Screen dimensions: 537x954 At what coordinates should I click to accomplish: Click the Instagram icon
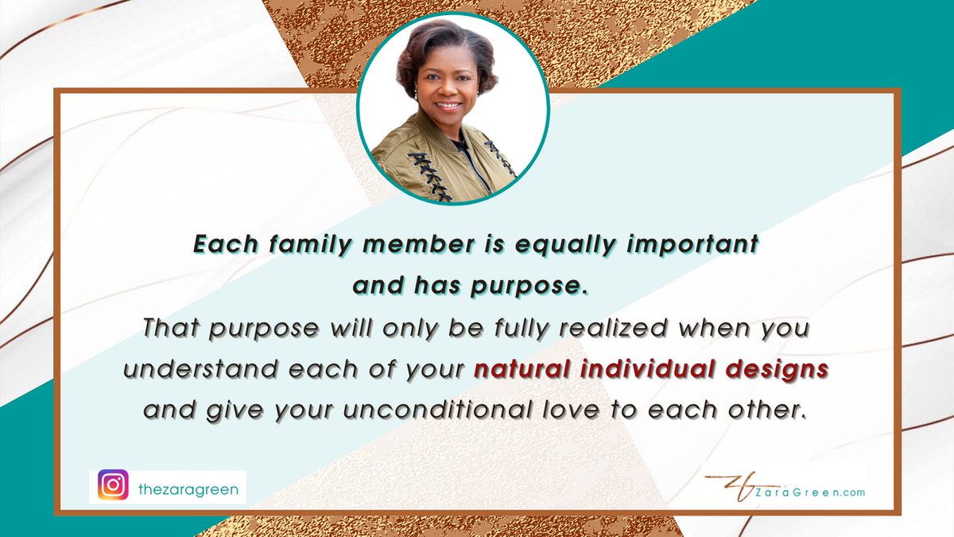coord(113,484)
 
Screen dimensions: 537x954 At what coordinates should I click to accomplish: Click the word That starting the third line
coord(170,328)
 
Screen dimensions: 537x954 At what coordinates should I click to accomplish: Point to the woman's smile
coord(448,105)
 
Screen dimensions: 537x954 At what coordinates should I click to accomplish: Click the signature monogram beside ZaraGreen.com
coord(732,487)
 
